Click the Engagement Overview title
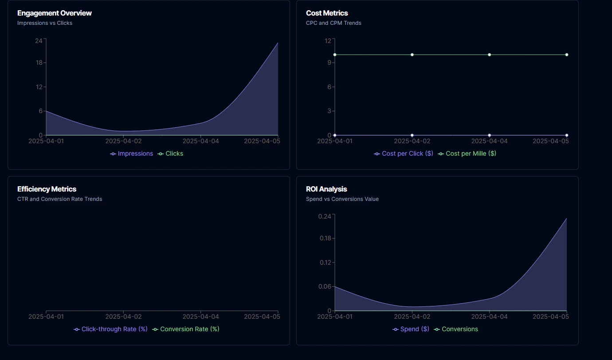[55, 13]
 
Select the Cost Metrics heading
[327, 13]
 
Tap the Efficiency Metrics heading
[47, 189]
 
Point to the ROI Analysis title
[326, 189]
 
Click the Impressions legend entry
[132, 154]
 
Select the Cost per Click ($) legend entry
[404, 154]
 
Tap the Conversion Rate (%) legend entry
[186, 329]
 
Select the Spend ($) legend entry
[411, 329]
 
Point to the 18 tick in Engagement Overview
[39, 63]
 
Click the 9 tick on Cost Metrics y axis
[330, 63]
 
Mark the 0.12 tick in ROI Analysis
[325, 262]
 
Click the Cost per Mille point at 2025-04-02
[412, 55]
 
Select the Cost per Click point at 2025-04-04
[489, 135]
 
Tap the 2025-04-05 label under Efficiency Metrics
[262, 317]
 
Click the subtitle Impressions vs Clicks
[45, 23]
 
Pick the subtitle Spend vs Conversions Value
[342, 199]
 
